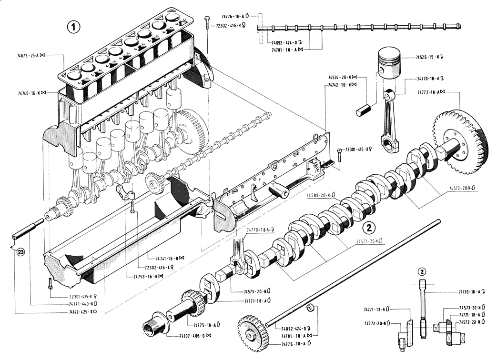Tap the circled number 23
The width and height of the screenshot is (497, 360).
[20, 252]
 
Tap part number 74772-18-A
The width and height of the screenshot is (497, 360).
[431, 92]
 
